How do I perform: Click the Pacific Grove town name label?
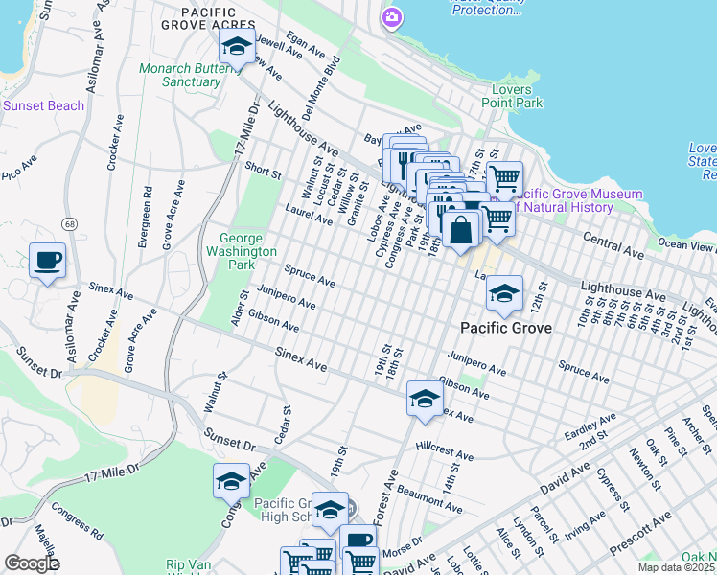[x=505, y=328]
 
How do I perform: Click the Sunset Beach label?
[x=43, y=105]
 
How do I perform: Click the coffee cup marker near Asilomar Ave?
[x=47, y=260]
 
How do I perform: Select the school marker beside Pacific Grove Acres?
[x=236, y=45]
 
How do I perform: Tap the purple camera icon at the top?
[x=391, y=17]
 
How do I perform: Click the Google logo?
[x=32, y=563]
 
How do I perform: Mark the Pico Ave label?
[x=17, y=172]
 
